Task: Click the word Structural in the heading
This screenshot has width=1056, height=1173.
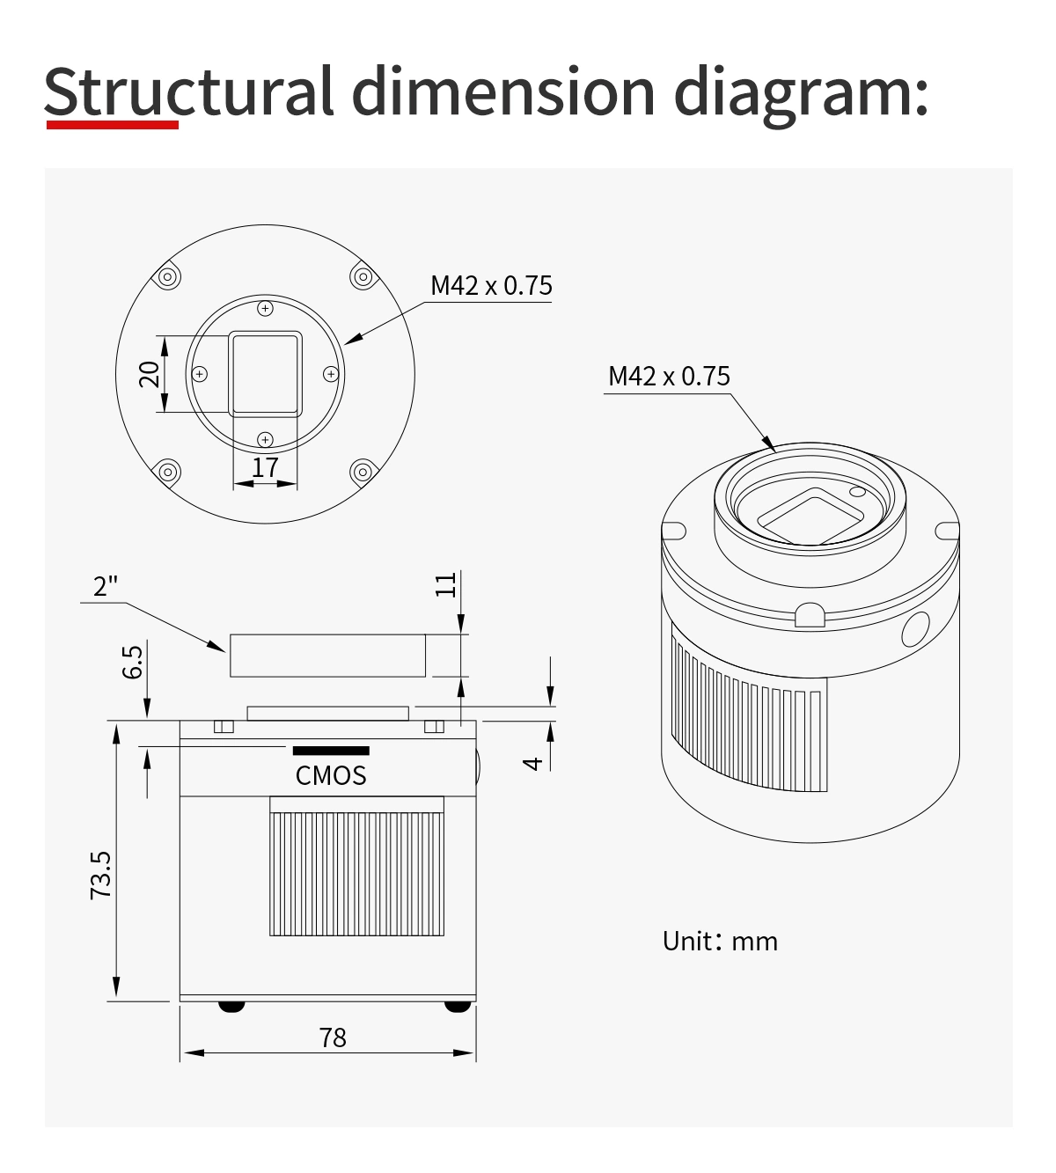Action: click(x=188, y=92)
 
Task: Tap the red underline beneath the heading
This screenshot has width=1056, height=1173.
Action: click(x=113, y=125)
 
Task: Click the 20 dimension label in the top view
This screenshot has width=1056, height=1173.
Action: click(x=150, y=374)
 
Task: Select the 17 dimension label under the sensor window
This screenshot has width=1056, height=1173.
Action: click(x=265, y=468)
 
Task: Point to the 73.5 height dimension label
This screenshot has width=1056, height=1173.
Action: click(x=100, y=875)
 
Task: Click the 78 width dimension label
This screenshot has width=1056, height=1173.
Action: click(x=333, y=1037)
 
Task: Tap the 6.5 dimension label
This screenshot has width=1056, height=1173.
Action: click(x=132, y=662)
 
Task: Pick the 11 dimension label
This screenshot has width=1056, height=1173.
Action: click(x=445, y=585)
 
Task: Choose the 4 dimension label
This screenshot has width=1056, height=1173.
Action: click(x=532, y=764)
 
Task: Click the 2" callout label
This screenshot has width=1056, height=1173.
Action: click(x=106, y=586)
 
